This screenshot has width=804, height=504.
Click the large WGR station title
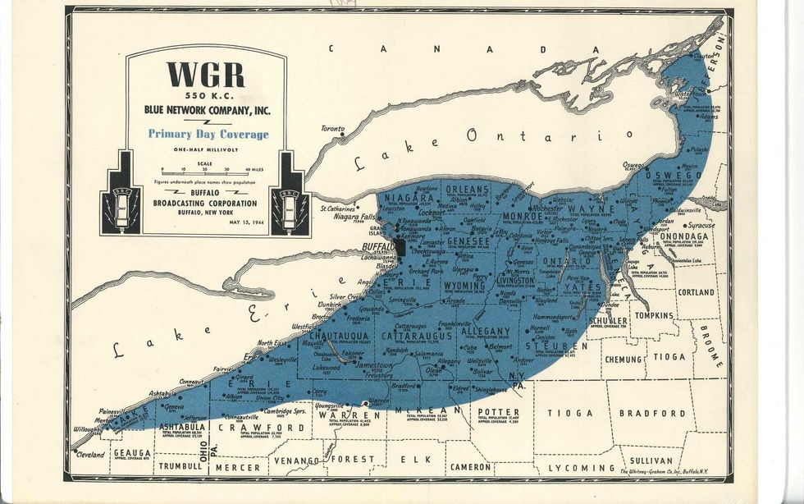click(x=206, y=75)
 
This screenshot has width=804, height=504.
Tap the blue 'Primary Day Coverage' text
click(x=208, y=135)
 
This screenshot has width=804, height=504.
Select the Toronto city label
click(x=332, y=129)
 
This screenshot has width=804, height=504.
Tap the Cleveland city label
click(x=90, y=454)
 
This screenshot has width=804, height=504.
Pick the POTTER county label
click(x=498, y=411)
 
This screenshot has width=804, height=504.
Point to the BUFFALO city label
click(x=378, y=246)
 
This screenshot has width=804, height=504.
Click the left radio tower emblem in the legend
click(x=120, y=195)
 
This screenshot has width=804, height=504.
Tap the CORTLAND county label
click(x=696, y=292)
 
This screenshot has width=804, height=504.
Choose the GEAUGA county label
click(x=131, y=452)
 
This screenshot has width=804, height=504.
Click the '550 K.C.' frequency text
click(x=206, y=94)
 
